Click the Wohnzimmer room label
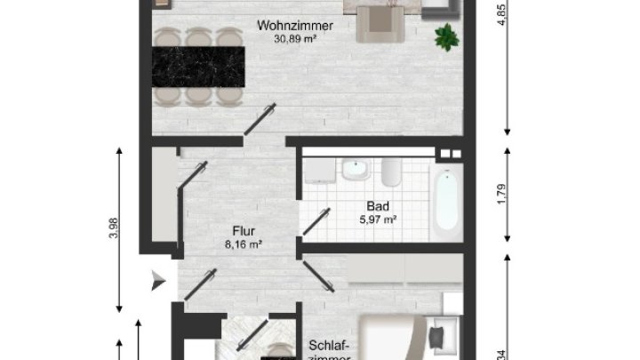click(295, 26)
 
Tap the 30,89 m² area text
click(295, 39)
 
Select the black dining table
click(199, 65)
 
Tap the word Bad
click(378, 205)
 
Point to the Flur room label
click(241, 228)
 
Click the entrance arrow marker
click(158, 281)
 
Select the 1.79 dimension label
click(502, 193)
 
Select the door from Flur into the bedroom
click(316, 276)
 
